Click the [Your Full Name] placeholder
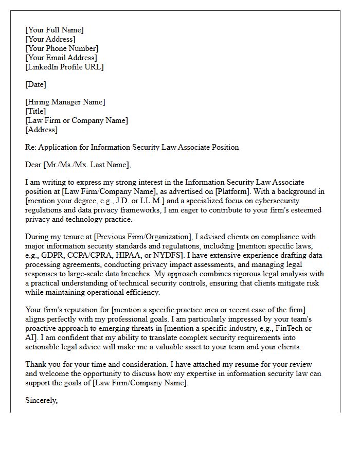tap(54, 30)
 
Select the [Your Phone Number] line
tap(61, 48)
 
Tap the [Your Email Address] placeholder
tap(61, 58)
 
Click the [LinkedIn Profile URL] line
tap(64, 67)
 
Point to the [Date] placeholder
tap(35, 84)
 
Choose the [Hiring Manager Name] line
tap(65, 102)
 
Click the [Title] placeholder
tap(35, 111)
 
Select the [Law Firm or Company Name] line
tap(77, 120)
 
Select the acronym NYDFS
tap(175, 255)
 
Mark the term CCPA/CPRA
tap(95, 255)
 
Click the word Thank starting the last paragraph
tap(36, 364)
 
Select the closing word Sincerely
tap(41, 400)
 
